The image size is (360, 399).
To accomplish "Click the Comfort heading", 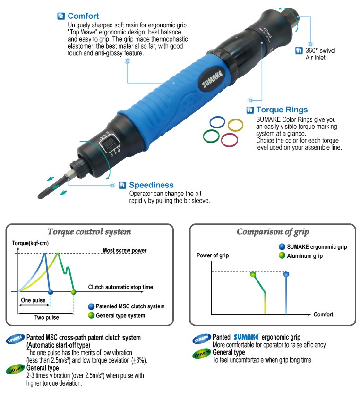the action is tap(83, 16).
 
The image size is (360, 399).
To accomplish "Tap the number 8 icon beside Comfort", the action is tap(61, 16).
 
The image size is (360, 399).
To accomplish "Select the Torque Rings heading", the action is tap(282, 110).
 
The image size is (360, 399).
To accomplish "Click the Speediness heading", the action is tap(151, 185).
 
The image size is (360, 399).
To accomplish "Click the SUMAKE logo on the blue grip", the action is tap(212, 78).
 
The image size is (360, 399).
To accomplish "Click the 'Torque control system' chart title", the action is tap(89, 231).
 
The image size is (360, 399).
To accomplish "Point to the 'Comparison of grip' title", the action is tap(273, 231).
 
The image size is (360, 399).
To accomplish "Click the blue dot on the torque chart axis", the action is tap(51, 292).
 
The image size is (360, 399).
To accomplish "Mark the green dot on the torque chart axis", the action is tap(74, 292).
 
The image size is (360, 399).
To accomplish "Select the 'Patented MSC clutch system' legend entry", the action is tap(126, 306).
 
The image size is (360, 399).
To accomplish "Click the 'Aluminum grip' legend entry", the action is tap(300, 256).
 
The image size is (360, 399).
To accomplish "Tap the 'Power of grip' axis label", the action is tap(213, 255).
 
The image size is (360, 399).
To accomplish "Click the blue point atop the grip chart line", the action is tap(286, 274).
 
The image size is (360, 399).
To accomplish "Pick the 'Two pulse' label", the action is tap(47, 317).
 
